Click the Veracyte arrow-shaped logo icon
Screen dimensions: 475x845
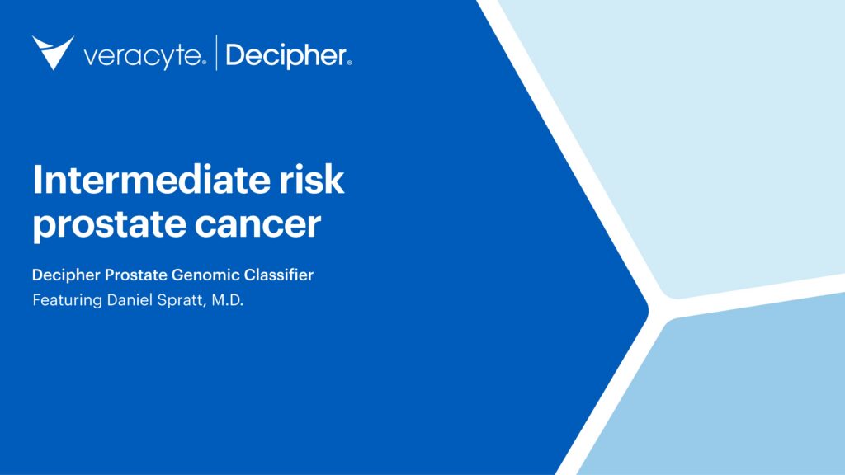click(x=53, y=52)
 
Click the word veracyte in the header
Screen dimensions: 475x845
click(x=142, y=57)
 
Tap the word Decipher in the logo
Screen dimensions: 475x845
click(x=284, y=56)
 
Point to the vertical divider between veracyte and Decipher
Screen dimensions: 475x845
click(x=216, y=53)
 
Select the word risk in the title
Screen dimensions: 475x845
click(x=317, y=180)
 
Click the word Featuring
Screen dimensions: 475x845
click(x=63, y=300)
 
